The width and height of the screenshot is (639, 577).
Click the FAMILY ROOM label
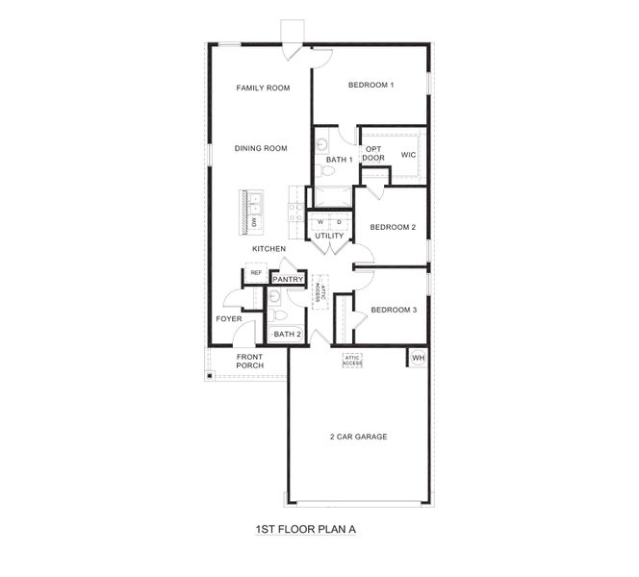263,88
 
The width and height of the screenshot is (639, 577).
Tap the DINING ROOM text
262,148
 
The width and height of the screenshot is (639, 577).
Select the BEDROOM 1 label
371,86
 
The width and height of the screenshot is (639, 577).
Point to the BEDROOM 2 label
393,227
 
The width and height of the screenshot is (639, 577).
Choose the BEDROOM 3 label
394,310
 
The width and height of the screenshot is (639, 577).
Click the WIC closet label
408,154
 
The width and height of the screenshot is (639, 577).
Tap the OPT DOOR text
373,153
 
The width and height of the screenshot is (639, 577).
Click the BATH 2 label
287,335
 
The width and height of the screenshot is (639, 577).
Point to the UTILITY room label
329,236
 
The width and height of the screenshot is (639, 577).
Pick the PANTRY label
288,280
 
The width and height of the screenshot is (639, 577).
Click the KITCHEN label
268,249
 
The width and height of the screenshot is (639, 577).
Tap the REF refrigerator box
255,273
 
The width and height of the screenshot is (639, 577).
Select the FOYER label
228,318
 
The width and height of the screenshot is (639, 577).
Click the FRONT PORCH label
250,361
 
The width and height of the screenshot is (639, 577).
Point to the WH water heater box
418,358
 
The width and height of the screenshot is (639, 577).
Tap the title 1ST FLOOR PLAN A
299,529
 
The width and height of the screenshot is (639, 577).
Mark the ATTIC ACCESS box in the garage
352,361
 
